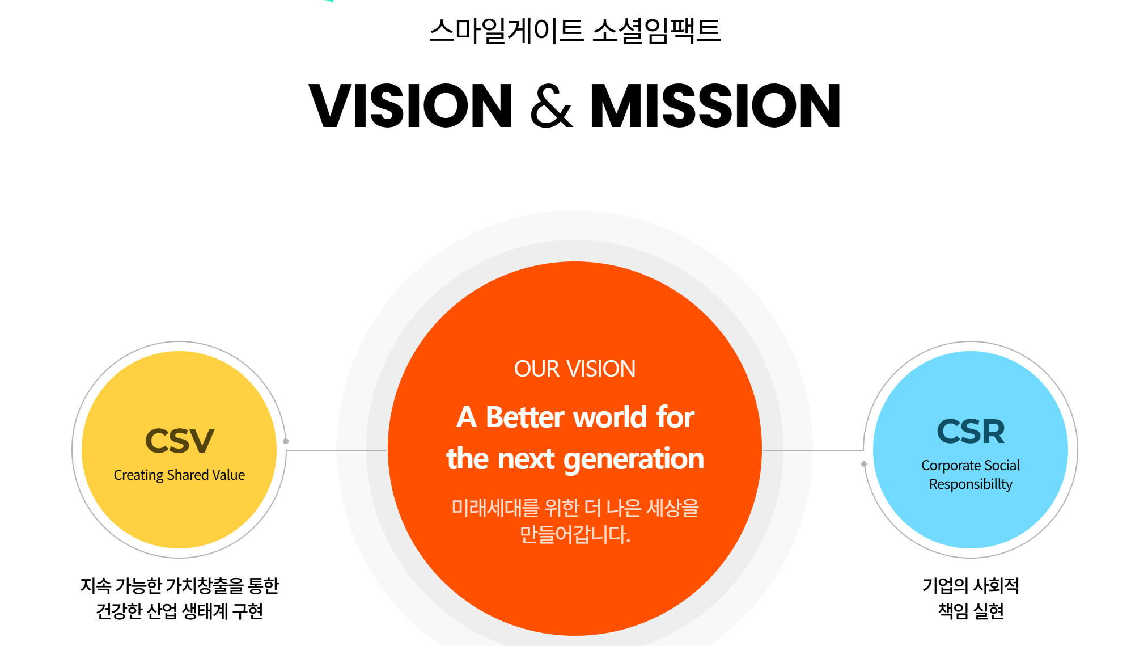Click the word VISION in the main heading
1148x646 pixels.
click(410, 105)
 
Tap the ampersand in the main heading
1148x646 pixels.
click(551, 105)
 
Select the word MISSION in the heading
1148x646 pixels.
click(715, 105)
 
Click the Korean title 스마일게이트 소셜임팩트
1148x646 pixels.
click(574, 31)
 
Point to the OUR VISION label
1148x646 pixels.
click(574, 369)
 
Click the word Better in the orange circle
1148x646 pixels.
click(525, 417)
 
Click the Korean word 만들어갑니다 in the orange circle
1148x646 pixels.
click(575, 534)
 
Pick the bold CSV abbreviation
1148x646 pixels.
click(180, 441)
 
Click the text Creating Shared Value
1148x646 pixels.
click(179, 475)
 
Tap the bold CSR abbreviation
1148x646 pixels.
click(971, 432)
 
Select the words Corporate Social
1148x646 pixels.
click(971, 465)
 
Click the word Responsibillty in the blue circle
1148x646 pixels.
click(971, 484)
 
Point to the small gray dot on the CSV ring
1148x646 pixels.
click(286, 441)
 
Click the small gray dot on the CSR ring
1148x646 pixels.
click(864, 464)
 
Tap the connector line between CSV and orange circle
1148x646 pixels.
click(337, 450)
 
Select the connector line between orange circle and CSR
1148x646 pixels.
click(813, 450)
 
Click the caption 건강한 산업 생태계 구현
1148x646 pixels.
click(179, 611)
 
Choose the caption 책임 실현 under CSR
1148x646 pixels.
click(971, 611)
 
